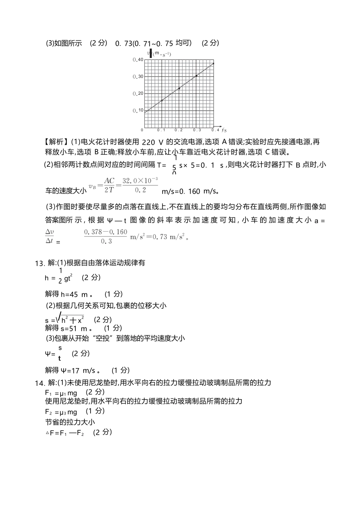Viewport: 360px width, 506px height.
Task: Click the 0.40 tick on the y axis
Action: [138, 60]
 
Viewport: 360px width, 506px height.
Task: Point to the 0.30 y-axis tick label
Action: [138, 77]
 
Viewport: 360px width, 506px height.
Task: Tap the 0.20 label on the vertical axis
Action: [138, 94]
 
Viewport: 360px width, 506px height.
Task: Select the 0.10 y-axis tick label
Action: [138, 110]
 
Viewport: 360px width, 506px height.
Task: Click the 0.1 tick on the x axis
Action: [161, 130]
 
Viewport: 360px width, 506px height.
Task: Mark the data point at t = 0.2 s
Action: [179, 88]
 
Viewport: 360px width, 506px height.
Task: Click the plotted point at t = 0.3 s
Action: [196, 76]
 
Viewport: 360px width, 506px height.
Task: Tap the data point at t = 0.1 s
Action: [162, 100]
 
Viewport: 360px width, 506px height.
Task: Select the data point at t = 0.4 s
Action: [214, 63]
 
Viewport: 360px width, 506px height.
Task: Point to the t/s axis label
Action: [224, 130]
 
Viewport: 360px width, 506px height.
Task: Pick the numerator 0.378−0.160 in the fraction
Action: [106, 232]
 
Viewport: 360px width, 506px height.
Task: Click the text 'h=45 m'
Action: [75, 294]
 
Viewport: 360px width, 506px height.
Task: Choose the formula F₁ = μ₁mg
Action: [61, 393]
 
